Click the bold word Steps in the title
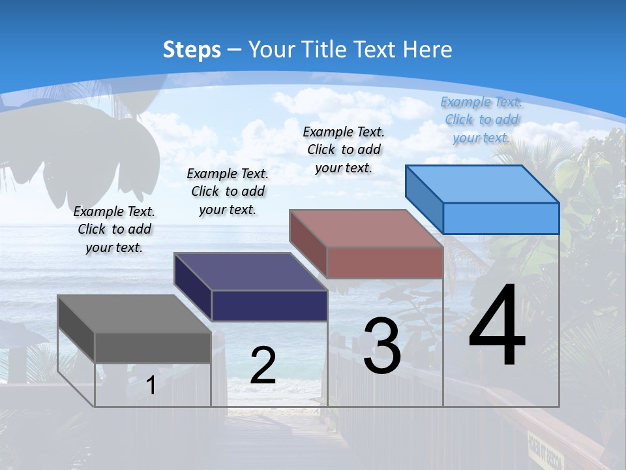(192, 50)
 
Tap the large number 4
(497, 326)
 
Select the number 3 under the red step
(382, 346)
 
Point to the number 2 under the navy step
(263, 366)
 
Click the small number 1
(151, 385)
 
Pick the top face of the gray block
(134, 314)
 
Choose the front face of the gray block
(153, 347)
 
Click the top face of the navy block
(250, 272)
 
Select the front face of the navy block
(269, 305)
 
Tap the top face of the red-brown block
(366, 228)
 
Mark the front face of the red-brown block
(385, 262)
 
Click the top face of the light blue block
(483, 184)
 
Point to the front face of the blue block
(501, 218)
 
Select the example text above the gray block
(114, 230)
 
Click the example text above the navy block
(228, 191)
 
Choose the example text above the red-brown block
(344, 149)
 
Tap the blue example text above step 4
(481, 119)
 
